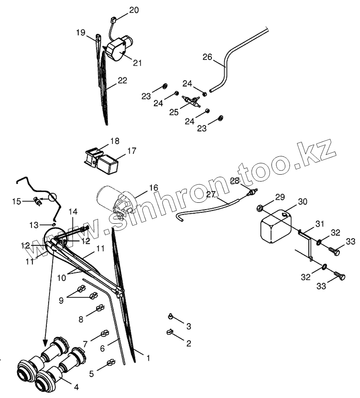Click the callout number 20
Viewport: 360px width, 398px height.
134,10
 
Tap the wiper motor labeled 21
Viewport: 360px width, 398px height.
117,49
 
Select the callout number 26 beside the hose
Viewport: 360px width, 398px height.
207,57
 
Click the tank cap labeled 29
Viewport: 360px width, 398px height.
259,207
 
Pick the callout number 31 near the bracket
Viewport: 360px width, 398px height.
320,224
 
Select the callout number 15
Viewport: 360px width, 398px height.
16,202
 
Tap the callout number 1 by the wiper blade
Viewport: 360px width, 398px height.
147,358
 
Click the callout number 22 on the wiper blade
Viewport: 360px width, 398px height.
122,80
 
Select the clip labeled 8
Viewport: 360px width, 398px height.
100,309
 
